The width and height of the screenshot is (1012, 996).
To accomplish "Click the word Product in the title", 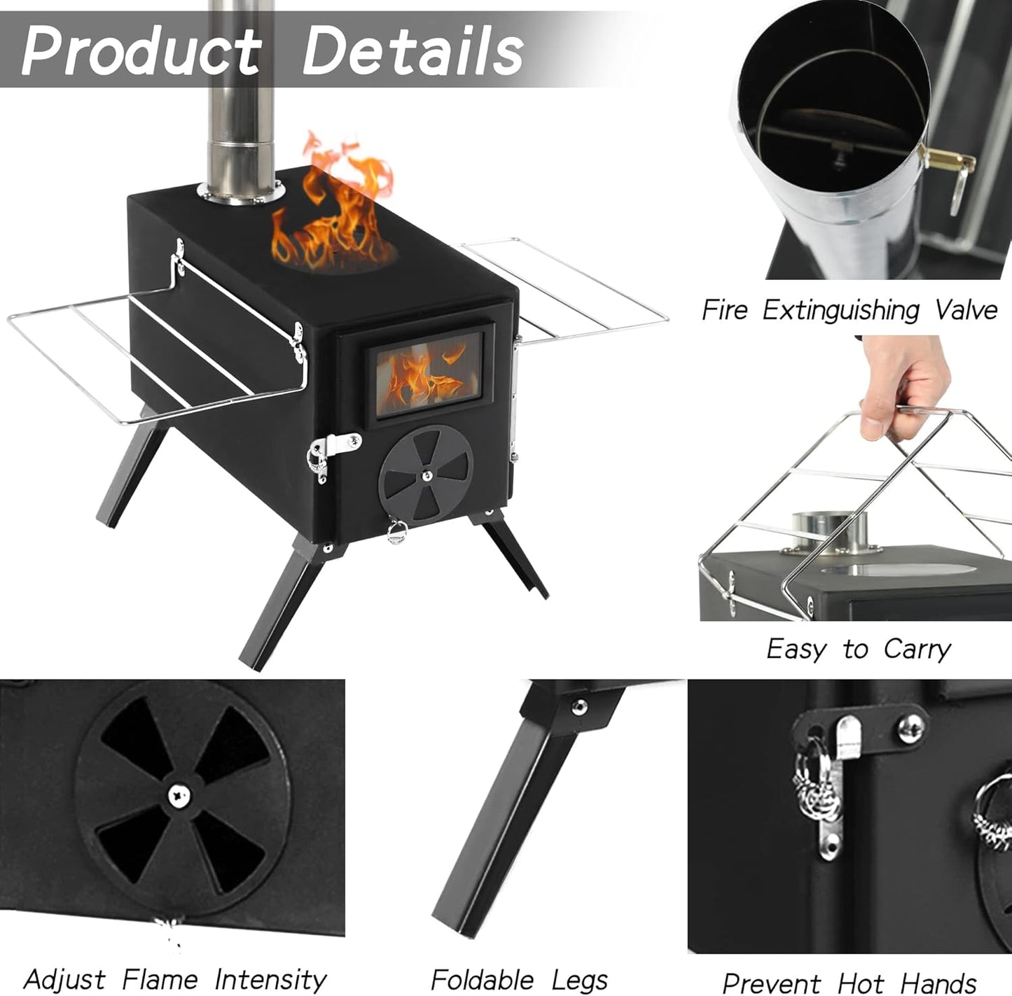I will [x=140, y=50].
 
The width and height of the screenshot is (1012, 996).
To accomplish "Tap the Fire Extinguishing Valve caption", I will [x=849, y=309].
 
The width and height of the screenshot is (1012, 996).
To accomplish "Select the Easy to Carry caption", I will [x=858, y=649].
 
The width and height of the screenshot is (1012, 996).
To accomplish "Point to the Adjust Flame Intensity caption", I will [x=175, y=979].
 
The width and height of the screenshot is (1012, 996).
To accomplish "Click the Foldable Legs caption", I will [x=519, y=979].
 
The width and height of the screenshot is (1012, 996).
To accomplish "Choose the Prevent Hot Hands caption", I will [x=849, y=982].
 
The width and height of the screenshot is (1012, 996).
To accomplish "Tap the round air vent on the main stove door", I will [x=426, y=476].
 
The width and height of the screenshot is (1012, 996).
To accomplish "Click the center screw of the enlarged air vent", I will [x=179, y=794].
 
